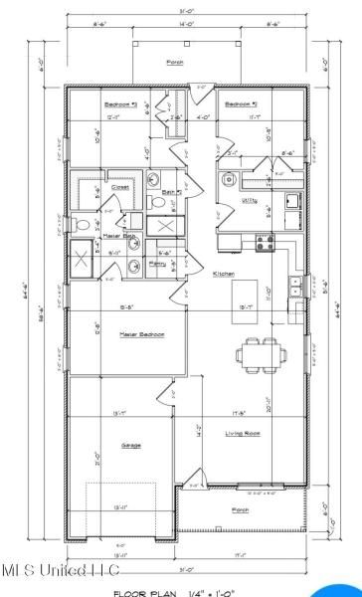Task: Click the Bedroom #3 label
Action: click(119, 103)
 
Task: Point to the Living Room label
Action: click(237, 434)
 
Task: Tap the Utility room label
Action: click(249, 200)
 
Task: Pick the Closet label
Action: click(120, 186)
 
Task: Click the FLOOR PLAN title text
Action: click(133, 592)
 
